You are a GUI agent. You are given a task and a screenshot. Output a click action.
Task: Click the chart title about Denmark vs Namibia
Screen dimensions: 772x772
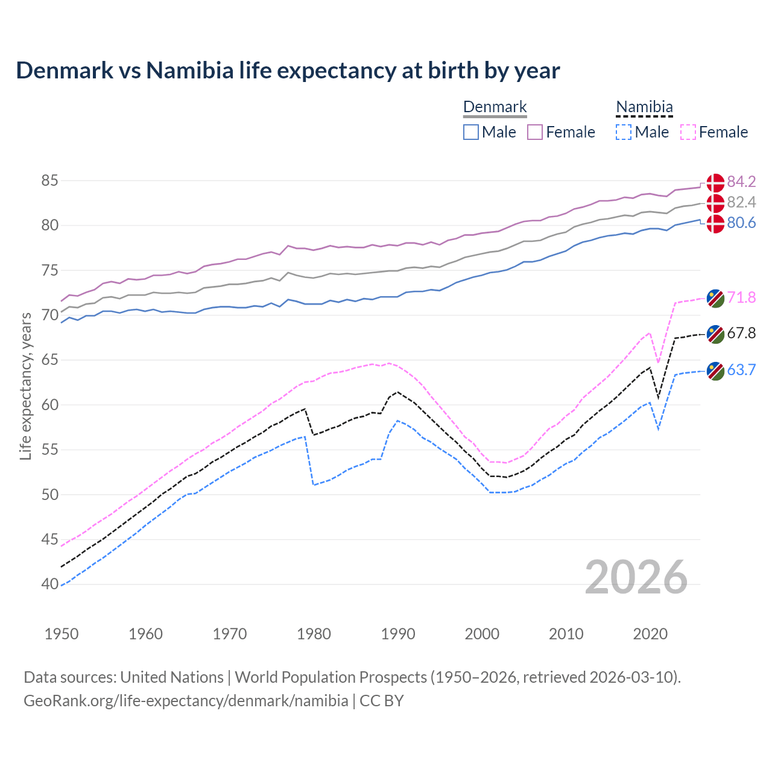pyautogui.click(x=288, y=71)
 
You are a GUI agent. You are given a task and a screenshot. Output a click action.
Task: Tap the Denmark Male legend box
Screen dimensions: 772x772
pyautogui.click(x=471, y=132)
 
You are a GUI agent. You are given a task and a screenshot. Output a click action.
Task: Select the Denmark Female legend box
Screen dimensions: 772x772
pyautogui.click(x=535, y=132)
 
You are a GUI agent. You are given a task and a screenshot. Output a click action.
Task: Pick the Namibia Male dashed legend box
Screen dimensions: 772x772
pyautogui.click(x=624, y=132)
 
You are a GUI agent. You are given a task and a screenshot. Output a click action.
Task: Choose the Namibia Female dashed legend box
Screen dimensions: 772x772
pyautogui.click(x=688, y=132)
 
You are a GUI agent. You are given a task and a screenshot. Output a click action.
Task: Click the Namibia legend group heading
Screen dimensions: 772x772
pyautogui.click(x=644, y=107)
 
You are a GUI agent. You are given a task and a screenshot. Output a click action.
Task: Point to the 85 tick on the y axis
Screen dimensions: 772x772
pyautogui.click(x=50, y=180)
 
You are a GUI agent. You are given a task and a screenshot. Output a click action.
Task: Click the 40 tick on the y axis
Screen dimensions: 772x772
pyautogui.click(x=50, y=584)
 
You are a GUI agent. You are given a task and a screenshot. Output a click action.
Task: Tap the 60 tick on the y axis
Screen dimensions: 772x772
pyautogui.click(x=50, y=405)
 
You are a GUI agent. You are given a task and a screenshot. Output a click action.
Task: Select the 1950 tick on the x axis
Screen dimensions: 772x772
pyautogui.click(x=62, y=634)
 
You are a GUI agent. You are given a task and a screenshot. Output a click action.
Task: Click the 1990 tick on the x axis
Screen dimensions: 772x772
pyautogui.click(x=398, y=634)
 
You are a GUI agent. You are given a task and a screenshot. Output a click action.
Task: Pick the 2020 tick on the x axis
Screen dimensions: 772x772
pyautogui.click(x=650, y=634)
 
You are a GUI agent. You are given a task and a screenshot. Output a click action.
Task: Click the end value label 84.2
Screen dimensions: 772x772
pyautogui.click(x=741, y=182)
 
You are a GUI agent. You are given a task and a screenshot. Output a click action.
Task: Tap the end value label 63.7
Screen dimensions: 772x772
pyautogui.click(x=741, y=370)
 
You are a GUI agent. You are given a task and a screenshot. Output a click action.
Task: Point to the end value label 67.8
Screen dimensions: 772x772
pyautogui.click(x=741, y=333)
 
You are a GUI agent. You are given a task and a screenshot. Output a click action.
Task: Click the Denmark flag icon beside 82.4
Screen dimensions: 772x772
pyautogui.click(x=715, y=203)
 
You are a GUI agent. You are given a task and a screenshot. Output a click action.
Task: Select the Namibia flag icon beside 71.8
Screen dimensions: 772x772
pyautogui.click(x=715, y=298)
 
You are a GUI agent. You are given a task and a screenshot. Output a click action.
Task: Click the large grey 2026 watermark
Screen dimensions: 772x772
pyautogui.click(x=636, y=577)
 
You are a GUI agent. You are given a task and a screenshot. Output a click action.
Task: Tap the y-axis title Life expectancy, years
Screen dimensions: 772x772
pyautogui.click(x=25, y=386)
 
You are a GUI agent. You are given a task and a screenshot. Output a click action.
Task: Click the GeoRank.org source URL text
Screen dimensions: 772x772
pyautogui.click(x=186, y=701)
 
